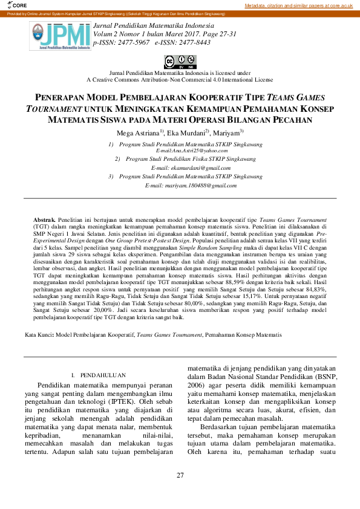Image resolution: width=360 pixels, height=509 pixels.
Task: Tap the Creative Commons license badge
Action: pyautogui.click(x=180, y=61)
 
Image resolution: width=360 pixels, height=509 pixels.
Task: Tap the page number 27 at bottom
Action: pyautogui.click(x=180, y=475)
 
